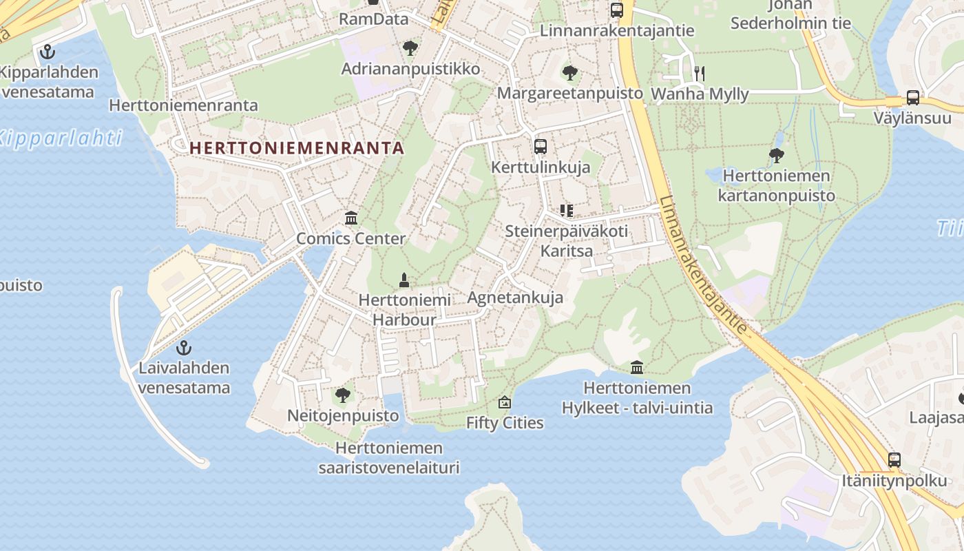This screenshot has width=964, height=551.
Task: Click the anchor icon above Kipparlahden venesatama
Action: (x=47, y=51)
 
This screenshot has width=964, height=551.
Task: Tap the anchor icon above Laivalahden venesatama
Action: (x=183, y=347)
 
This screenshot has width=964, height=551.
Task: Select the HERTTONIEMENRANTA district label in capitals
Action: (x=297, y=148)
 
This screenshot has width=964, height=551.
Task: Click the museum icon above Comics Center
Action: (x=351, y=218)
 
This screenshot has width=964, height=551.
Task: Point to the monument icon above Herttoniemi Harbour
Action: (x=404, y=280)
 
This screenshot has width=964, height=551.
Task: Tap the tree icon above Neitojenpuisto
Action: (x=342, y=395)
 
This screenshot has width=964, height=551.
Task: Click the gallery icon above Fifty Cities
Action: (x=505, y=402)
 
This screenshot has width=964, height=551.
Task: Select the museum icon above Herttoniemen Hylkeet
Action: (x=637, y=368)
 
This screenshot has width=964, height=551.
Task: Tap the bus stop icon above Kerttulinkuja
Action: (x=541, y=146)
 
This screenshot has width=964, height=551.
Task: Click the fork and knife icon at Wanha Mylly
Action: (x=700, y=73)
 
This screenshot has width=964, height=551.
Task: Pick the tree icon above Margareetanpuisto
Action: (x=569, y=72)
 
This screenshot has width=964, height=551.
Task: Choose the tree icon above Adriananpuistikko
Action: (x=410, y=48)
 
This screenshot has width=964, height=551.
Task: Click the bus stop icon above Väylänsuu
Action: (x=913, y=97)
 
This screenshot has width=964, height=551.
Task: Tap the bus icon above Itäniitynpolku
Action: (x=894, y=459)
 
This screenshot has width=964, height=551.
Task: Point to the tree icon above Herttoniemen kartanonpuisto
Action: (x=776, y=155)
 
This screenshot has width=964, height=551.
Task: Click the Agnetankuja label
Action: (x=515, y=298)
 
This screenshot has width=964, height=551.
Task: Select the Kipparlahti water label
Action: (x=61, y=138)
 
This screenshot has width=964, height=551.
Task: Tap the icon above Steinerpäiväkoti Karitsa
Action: (x=567, y=210)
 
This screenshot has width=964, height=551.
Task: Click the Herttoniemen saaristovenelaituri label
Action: (x=388, y=458)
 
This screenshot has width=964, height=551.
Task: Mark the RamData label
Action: (x=374, y=19)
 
